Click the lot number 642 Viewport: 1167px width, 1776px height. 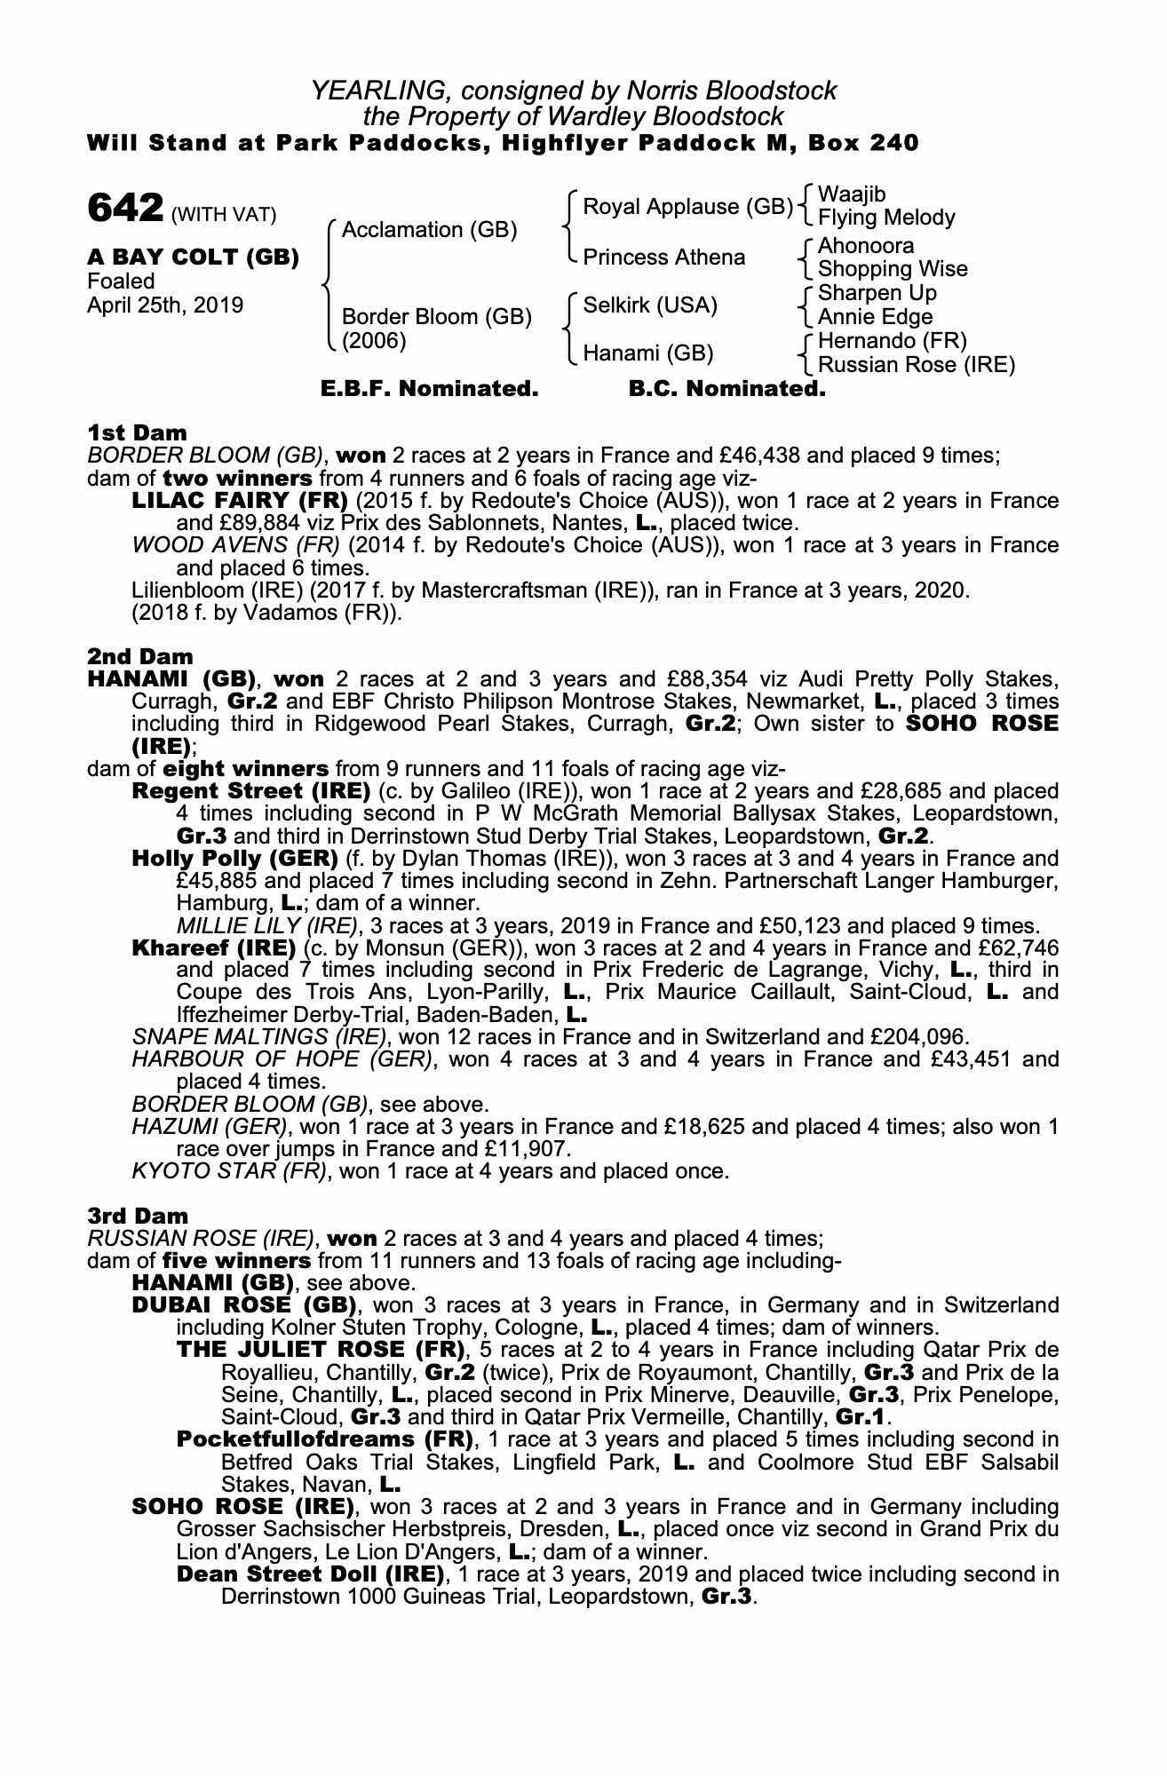click(125, 209)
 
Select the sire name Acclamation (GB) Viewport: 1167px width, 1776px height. click(429, 230)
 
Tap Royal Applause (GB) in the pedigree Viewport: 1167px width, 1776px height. click(687, 207)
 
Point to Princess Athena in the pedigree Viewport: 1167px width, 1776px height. click(663, 258)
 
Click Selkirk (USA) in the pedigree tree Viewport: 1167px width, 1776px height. click(649, 305)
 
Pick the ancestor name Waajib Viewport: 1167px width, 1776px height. click(851, 194)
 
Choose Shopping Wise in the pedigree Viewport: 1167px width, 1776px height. click(892, 269)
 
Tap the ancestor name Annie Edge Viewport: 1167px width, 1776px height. click(875, 317)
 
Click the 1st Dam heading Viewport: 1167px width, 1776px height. click(137, 432)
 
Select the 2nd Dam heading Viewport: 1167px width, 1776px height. click(139, 656)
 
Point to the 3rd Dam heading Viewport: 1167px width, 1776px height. click(138, 1216)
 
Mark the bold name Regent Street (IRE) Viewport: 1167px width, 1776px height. click(250, 791)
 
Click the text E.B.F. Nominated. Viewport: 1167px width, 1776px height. click(429, 389)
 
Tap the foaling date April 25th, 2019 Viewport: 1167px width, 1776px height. click(164, 305)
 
